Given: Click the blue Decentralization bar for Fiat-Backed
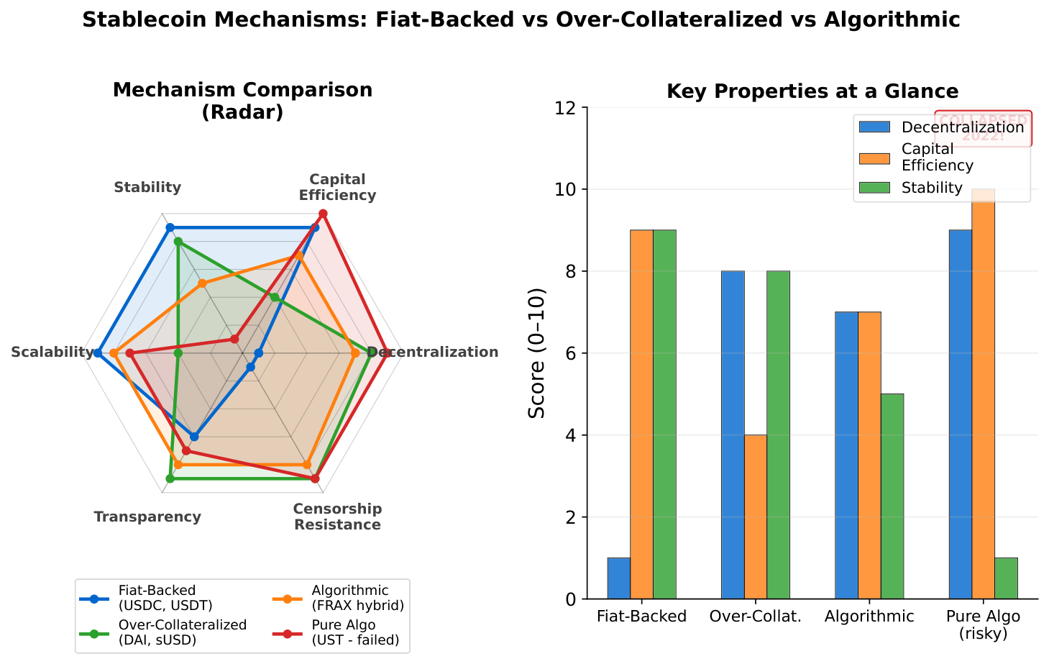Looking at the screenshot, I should coord(618,578).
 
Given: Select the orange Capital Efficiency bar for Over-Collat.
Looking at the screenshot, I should coord(755,517).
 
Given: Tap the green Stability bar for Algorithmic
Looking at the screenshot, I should coord(892,496).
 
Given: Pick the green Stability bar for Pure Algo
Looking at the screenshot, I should coord(1006,578).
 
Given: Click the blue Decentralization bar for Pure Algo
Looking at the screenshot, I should coord(961,414).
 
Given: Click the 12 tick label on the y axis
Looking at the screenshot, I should coord(567,108).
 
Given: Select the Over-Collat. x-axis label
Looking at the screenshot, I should coord(755,617).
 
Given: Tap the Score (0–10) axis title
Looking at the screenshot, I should coord(536,353).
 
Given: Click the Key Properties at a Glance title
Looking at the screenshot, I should coord(812,91).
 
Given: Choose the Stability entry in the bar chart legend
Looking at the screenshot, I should coord(931,188).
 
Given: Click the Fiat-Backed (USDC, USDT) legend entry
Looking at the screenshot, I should coord(165,597).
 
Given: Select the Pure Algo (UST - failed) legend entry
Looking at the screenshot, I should coord(355,633).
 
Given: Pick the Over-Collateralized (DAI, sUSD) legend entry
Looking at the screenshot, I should coord(182,633).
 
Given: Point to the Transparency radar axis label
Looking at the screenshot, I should coord(147,517).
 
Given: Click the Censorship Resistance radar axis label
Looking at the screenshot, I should coord(337,517).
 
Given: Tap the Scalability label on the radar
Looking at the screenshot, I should coord(52,353).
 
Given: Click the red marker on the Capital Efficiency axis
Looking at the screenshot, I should coord(323,214).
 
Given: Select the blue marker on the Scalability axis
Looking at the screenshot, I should coord(98,353).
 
